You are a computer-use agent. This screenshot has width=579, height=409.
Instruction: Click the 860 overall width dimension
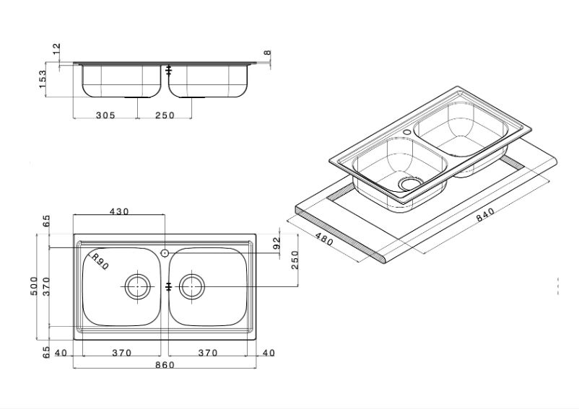(x=165, y=365)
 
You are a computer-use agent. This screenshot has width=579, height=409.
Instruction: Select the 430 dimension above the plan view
(x=118, y=211)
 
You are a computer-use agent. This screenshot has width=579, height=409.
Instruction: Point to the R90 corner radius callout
(x=98, y=262)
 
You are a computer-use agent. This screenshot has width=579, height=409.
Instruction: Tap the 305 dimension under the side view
(x=105, y=115)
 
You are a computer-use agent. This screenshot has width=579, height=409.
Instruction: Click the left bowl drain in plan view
(x=136, y=286)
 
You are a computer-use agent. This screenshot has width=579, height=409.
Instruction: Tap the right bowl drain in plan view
(x=192, y=286)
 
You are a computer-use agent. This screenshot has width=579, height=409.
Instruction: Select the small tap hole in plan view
(x=165, y=253)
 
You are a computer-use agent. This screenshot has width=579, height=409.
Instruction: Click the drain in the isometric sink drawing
(x=409, y=184)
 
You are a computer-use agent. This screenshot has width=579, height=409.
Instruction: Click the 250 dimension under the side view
(x=165, y=115)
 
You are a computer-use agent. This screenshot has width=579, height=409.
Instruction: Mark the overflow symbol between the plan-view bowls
(x=168, y=286)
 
